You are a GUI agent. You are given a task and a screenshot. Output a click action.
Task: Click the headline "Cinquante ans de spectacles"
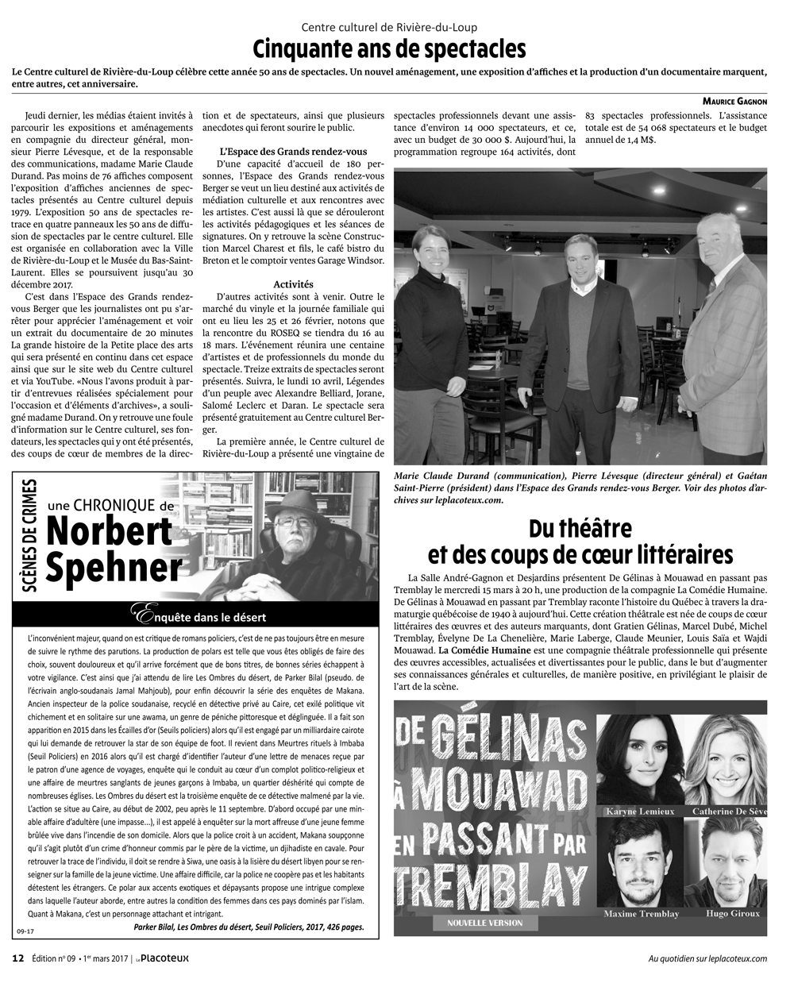(x=389, y=49)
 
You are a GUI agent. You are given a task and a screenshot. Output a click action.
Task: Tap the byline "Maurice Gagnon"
(x=734, y=101)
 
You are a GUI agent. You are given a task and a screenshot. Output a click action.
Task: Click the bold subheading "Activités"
(x=293, y=283)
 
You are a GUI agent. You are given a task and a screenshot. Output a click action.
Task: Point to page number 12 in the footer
(x=17, y=958)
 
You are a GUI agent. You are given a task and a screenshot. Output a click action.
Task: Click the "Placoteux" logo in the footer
(x=163, y=958)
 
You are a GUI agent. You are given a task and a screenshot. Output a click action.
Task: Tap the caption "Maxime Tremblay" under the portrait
(x=642, y=914)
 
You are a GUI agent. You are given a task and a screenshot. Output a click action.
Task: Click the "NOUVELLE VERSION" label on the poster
(x=485, y=923)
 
